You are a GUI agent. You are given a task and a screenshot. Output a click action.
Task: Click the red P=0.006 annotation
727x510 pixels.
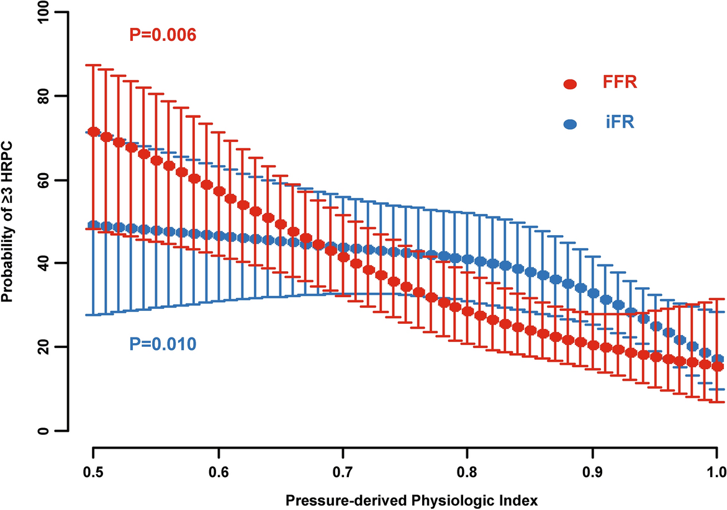coord(163,36)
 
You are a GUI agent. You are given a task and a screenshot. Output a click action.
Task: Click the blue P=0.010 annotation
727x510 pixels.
coord(163,343)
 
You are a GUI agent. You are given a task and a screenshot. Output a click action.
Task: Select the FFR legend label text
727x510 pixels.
coord(618,83)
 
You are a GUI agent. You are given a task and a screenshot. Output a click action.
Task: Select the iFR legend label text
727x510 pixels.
coord(620,123)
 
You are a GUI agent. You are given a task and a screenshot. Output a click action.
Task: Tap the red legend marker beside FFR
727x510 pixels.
coord(569,84)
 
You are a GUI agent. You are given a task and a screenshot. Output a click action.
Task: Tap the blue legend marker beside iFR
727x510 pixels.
coord(569,124)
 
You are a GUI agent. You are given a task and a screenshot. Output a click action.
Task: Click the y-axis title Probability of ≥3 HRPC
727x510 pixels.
coord(9,221)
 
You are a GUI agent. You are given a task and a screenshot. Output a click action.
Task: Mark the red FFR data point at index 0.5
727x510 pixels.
coord(93,132)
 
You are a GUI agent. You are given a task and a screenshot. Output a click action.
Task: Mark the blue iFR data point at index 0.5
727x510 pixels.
coord(93,225)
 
